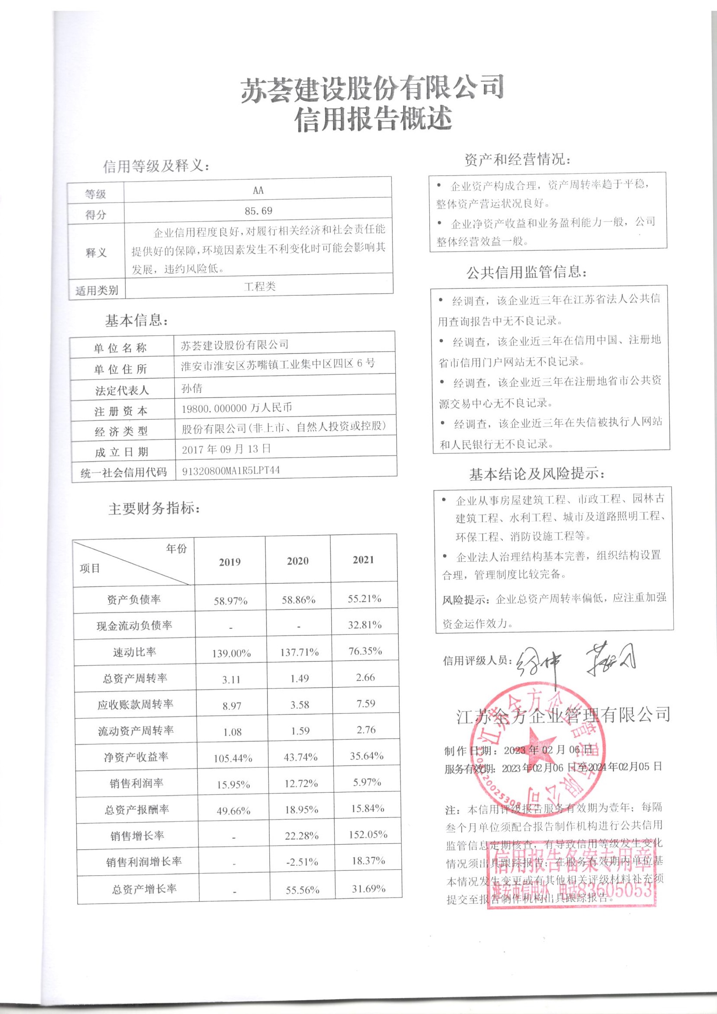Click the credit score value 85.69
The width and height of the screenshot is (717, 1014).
(258, 211)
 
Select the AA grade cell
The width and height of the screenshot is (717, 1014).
(258, 190)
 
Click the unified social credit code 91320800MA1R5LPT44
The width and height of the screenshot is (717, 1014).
(231, 471)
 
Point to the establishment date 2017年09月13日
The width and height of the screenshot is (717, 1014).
(226, 450)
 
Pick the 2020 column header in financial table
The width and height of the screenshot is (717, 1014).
(297, 561)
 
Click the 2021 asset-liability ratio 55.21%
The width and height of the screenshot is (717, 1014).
(365, 599)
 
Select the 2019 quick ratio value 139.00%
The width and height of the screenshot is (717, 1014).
(231, 653)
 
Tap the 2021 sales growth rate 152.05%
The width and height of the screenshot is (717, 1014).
(369, 834)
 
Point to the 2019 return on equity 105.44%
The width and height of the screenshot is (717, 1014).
(233, 758)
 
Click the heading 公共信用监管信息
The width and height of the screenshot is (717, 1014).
(526, 272)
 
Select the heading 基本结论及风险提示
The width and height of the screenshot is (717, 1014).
(536, 475)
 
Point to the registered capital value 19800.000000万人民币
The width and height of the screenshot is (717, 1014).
(237, 408)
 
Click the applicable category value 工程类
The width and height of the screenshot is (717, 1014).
(260, 287)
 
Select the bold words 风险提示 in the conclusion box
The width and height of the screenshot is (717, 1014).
(465, 600)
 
